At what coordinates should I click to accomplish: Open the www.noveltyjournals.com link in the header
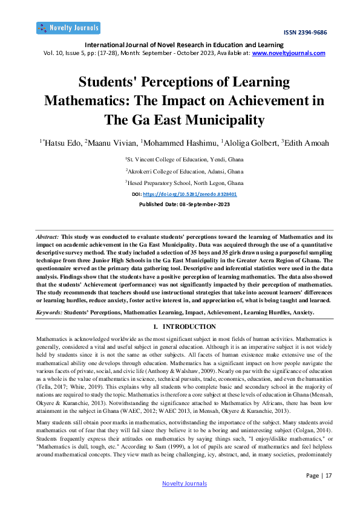pyautogui.click(x=289, y=53)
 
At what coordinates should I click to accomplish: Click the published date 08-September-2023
pyautogui.click(x=199, y=204)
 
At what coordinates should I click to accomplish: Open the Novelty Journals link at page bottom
pyautogui.click(x=185, y=483)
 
